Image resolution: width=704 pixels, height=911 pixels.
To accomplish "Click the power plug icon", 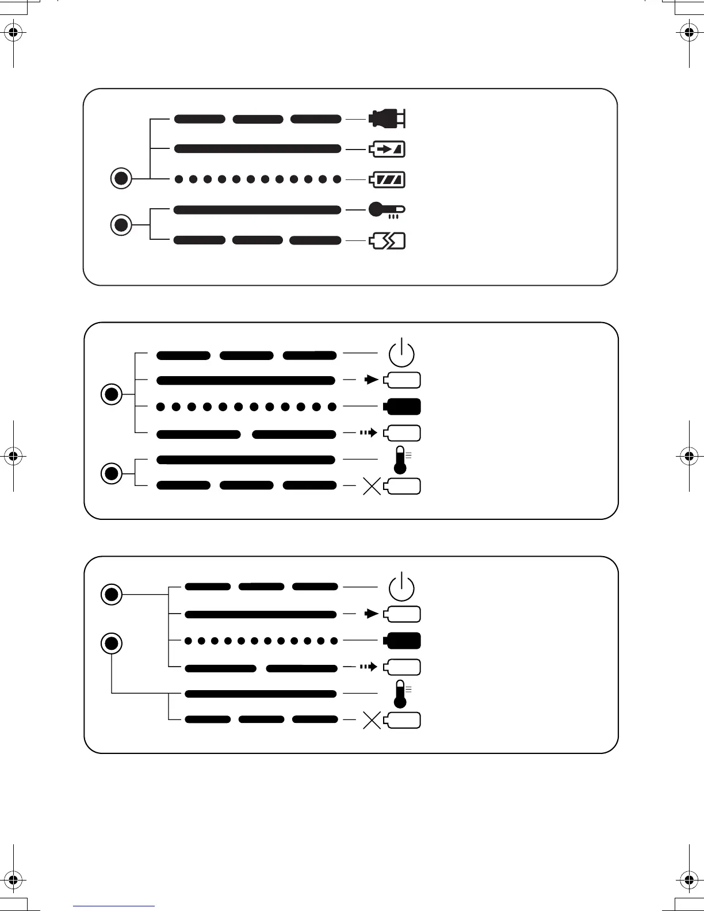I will click(x=387, y=118).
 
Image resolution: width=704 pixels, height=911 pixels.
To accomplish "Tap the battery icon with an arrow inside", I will click(x=387, y=150).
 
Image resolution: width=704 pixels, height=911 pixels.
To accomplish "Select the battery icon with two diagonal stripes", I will click(x=387, y=179).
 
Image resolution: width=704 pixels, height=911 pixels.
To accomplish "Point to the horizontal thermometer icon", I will click(x=386, y=209).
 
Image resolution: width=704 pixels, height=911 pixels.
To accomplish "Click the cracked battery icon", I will click(x=387, y=240).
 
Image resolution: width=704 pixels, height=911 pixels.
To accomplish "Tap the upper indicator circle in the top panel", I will click(x=121, y=178).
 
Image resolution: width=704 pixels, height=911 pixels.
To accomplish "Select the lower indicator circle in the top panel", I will click(x=121, y=224).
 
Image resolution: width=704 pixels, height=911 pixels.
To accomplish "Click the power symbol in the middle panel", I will click(x=401, y=353).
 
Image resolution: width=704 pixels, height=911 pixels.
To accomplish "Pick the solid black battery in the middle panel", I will click(x=402, y=407).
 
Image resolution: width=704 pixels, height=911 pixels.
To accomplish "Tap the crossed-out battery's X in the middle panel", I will click(x=372, y=487).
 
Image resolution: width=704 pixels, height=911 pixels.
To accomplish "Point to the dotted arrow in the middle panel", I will click(x=368, y=432).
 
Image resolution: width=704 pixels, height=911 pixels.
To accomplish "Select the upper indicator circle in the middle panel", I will click(x=112, y=395).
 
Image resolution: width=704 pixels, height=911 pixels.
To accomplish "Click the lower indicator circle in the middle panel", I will click(x=112, y=473).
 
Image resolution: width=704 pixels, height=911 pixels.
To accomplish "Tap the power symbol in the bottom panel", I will click(x=401, y=587).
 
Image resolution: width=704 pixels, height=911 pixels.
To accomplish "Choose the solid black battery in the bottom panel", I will click(x=402, y=641).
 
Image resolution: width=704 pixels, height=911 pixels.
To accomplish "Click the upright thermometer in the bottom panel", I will click(x=400, y=694).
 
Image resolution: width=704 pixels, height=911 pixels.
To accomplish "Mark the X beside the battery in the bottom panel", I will click(x=372, y=721).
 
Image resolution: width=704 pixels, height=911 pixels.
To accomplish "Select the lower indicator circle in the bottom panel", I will click(x=112, y=643).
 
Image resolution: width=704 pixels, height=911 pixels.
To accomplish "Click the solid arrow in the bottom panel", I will click(x=372, y=614).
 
